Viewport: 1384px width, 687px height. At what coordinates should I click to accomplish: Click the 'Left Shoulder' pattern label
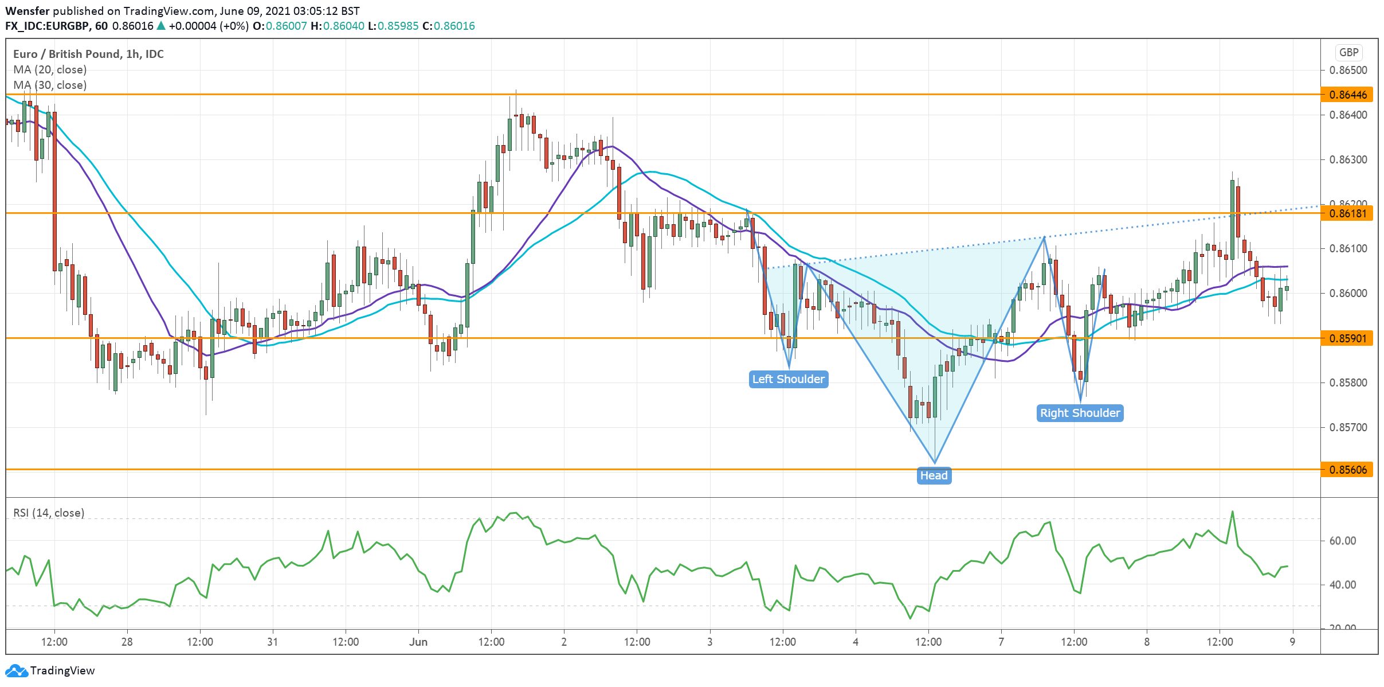(x=788, y=379)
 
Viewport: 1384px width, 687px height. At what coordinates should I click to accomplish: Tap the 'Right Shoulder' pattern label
(x=1080, y=413)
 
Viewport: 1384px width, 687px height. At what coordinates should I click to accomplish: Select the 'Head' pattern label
(x=934, y=475)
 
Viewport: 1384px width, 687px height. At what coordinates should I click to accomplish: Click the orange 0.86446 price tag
(x=1348, y=95)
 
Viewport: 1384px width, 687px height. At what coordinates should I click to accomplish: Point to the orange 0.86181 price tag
(x=1348, y=213)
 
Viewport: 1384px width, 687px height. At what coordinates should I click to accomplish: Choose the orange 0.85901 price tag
(x=1348, y=338)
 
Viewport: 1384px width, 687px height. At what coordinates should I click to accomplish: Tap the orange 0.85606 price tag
(x=1348, y=470)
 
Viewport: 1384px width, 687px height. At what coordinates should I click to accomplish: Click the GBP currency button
(x=1348, y=53)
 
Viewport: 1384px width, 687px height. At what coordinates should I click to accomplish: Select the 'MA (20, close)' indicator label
(x=50, y=69)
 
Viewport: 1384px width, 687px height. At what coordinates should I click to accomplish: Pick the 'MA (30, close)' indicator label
(x=50, y=85)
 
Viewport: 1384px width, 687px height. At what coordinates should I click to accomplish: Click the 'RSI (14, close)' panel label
(x=49, y=513)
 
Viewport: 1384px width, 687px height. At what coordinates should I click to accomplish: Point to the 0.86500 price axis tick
(x=1348, y=70)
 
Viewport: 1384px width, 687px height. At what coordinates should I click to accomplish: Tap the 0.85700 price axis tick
(x=1348, y=427)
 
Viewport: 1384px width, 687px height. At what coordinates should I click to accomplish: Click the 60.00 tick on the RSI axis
(x=1342, y=541)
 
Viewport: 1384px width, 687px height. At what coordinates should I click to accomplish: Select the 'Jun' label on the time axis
(x=418, y=642)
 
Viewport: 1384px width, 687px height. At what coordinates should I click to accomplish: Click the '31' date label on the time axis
(x=273, y=642)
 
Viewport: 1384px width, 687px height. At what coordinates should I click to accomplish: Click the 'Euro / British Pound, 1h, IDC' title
(x=88, y=54)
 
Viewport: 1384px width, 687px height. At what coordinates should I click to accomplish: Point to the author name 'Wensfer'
(x=28, y=11)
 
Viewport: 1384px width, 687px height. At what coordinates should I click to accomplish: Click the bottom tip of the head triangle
(x=935, y=463)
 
